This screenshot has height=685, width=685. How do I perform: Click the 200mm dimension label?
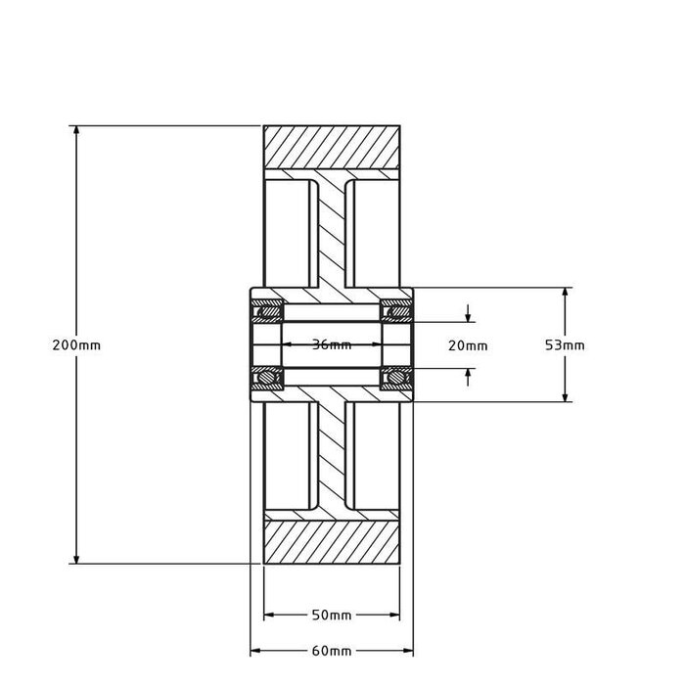(76, 345)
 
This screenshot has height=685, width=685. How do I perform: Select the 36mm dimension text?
(331, 345)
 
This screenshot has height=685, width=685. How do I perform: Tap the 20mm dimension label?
(467, 345)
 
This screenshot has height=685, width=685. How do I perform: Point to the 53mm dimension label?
(565, 345)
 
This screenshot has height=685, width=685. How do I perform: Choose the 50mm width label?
(331, 616)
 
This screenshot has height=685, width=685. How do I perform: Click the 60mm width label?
(331, 651)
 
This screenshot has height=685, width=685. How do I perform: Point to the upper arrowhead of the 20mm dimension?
(470, 316)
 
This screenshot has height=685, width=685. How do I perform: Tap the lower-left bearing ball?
(264, 376)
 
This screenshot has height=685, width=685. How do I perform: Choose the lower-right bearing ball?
(398, 376)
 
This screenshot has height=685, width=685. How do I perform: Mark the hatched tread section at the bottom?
(331, 542)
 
